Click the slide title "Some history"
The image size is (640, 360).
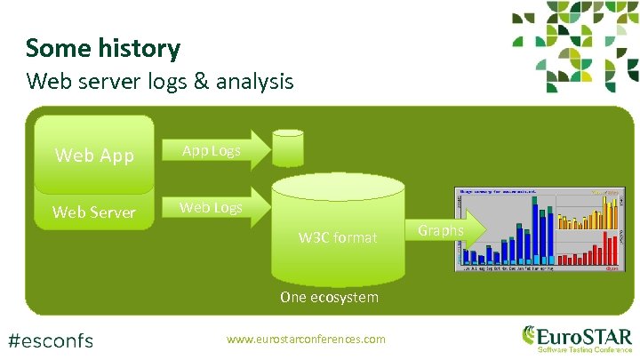coord(102,48)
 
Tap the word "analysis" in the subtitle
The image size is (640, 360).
coord(252,82)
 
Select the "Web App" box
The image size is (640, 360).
coord(94,156)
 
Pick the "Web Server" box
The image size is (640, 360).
coord(94,212)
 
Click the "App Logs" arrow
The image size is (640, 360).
coord(213,151)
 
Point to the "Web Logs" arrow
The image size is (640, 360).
coord(213,208)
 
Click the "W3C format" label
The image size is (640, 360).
coord(338,237)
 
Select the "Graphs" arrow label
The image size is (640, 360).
coord(442,230)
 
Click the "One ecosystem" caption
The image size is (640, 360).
coord(329,297)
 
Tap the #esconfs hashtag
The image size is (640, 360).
coord(50,339)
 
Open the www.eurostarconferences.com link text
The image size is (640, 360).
coord(307,339)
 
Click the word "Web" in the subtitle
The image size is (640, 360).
coord(47,82)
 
